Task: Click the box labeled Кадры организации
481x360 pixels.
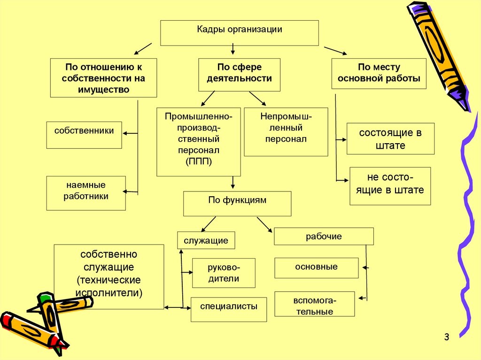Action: (x=240, y=32)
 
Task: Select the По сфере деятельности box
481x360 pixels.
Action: (x=239, y=74)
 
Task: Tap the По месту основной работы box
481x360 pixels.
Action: (x=379, y=73)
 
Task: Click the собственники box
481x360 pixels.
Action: (x=84, y=135)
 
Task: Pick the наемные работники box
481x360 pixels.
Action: (x=86, y=193)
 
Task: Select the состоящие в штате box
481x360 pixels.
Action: (x=390, y=138)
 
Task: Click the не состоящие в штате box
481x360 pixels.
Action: (x=390, y=186)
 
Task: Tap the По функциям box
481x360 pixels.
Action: (x=237, y=203)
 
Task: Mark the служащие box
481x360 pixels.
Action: (x=206, y=241)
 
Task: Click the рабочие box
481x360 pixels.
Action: (x=324, y=237)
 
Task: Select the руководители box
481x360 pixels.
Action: (x=224, y=273)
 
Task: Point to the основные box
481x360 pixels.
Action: (x=316, y=268)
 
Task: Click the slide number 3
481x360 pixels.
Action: (x=446, y=337)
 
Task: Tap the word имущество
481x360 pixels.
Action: (x=104, y=89)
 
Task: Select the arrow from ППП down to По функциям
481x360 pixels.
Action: (x=233, y=183)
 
